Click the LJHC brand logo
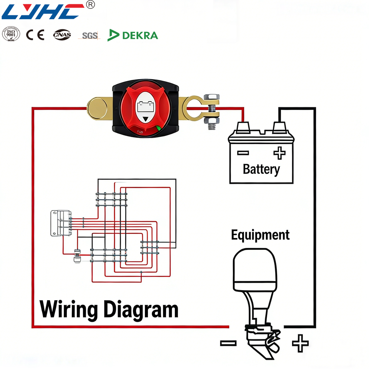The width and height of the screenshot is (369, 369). point(43,12)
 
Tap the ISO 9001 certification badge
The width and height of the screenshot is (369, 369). point(11,35)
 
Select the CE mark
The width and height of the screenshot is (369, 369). point(35,35)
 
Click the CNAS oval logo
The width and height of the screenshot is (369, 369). point(62,35)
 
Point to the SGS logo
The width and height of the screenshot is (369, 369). point(90,36)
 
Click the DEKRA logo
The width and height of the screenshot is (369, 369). point(133,35)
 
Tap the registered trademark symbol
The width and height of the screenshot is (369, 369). point(90,5)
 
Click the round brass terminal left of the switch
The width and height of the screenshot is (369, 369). point(97,108)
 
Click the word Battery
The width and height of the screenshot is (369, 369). point(261,169)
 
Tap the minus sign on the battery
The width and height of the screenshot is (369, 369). point(243,153)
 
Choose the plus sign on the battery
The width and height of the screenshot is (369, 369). point(279,153)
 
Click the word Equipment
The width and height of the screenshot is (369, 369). point(260,235)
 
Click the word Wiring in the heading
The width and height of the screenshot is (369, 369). point(68,310)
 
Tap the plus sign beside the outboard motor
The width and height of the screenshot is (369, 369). point(300,343)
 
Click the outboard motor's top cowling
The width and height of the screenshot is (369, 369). point(255,269)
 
